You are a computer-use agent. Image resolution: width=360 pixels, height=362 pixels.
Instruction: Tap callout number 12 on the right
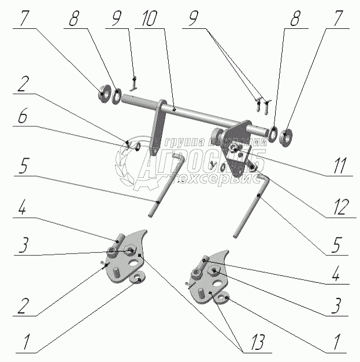point(339,206)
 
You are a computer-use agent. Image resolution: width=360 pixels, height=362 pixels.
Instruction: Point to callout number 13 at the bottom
point(258,344)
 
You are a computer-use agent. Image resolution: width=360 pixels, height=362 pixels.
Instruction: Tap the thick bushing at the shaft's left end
point(105,92)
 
